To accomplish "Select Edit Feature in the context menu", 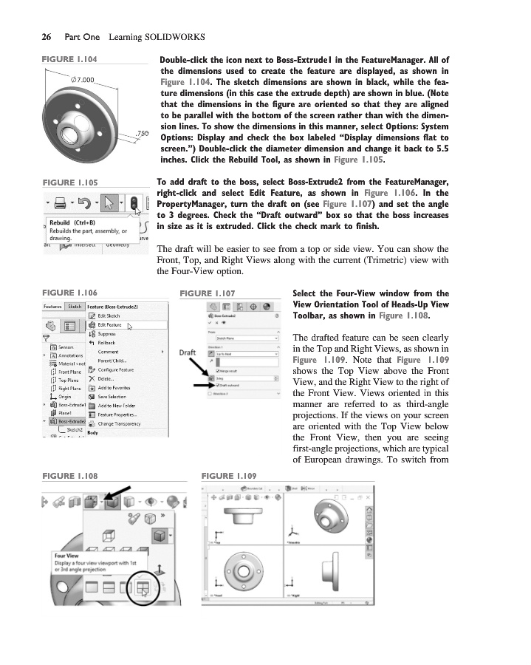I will tap(109, 324).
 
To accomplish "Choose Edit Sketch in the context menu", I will tap(109, 316).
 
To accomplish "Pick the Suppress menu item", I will tap(108, 334).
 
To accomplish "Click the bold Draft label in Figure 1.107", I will tap(187, 352).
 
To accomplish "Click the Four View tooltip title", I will tap(67, 556).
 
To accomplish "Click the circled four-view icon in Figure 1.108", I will tap(143, 587).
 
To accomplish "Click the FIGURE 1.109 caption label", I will tap(229, 475).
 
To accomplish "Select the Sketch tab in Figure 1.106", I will tap(75, 306).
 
